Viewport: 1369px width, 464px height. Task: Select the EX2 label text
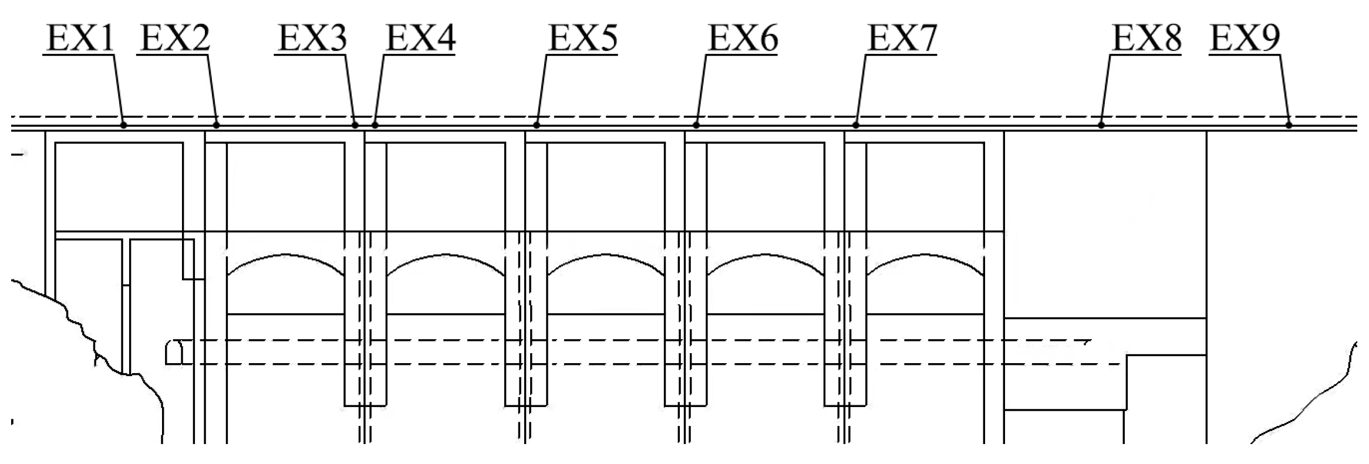point(174,39)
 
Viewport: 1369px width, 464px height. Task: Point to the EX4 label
point(420,39)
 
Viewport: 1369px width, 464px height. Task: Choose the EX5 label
point(582,39)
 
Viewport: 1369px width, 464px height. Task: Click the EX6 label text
point(743,39)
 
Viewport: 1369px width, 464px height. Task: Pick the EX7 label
point(902,39)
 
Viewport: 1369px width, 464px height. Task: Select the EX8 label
point(1147,39)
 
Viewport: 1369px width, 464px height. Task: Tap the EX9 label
point(1245,39)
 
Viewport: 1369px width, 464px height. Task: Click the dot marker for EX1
point(123,125)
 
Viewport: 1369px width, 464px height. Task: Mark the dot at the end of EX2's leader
point(217,125)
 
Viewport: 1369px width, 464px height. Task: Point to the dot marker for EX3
point(355,125)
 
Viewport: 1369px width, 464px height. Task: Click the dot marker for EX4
point(375,125)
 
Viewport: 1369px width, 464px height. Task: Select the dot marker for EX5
point(537,125)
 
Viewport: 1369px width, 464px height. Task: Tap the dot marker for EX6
point(696,125)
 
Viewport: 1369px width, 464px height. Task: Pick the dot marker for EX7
point(856,125)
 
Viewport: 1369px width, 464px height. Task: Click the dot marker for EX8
point(1101,125)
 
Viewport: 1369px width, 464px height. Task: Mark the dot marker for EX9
point(1289,125)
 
